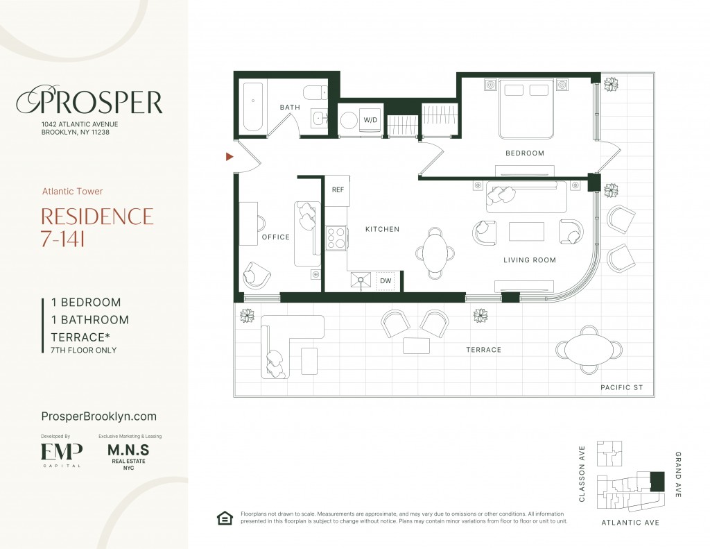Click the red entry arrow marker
coord(230,156)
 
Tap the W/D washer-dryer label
coord(370,120)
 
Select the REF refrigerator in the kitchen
coord(338,190)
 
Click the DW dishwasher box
coord(386,280)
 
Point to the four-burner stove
coord(336,237)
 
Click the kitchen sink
coord(361,280)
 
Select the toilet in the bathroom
coord(315,93)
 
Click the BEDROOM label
coord(525,153)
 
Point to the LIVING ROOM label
coord(530,260)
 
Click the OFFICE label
coord(276,237)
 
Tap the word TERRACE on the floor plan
coord(483,350)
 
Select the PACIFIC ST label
coord(622,387)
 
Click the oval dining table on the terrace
coord(589,350)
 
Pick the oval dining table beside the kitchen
coord(435,253)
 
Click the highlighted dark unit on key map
coord(657,482)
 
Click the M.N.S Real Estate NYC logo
coord(128,457)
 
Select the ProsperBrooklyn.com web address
coord(98,416)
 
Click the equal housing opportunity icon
coord(225,518)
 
